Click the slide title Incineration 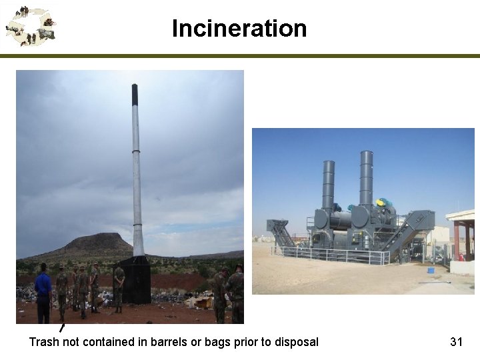point(239,29)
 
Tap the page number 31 point(456,342)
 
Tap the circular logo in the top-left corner point(29,26)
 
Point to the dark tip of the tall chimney point(135,94)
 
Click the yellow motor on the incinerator point(381,203)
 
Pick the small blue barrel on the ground point(431,270)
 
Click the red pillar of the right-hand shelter point(457,241)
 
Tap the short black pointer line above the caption point(61,328)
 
